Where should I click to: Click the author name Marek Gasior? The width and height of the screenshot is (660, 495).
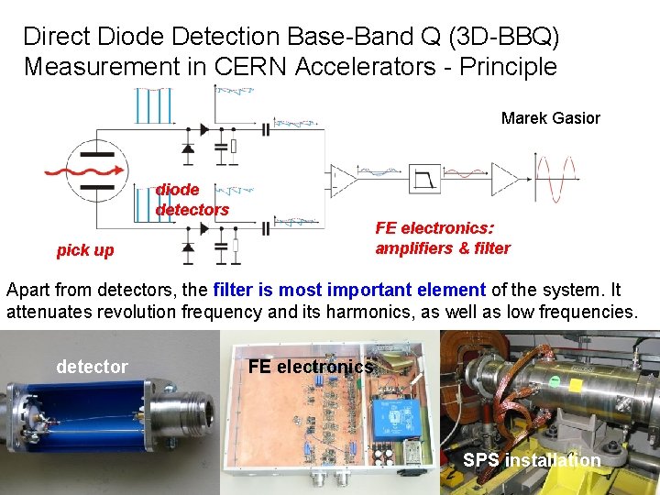coord(550,118)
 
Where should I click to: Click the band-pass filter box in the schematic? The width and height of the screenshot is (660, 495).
coord(426,174)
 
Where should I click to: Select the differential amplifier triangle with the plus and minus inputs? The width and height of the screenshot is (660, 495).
coord(344,175)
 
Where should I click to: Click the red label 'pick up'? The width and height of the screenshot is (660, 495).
coord(85,250)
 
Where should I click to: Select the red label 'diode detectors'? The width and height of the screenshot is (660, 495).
coord(192,200)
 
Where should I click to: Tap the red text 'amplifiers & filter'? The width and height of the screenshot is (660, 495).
coord(443,248)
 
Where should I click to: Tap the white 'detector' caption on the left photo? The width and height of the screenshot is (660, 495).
coord(92,367)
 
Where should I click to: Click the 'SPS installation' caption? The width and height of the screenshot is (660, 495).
coord(532,461)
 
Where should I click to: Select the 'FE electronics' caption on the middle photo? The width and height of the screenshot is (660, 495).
coord(311,367)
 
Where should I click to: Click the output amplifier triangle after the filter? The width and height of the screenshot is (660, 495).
coord(504,174)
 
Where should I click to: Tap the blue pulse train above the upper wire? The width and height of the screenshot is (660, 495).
coord(152,105)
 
